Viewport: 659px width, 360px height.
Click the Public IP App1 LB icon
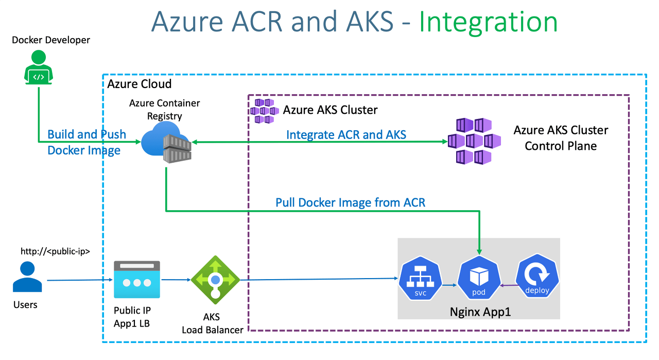(136, 280)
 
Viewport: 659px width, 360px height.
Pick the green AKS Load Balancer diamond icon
(215, 280)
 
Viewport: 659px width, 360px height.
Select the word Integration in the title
(488, 22)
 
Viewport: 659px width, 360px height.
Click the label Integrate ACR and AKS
(346, 135)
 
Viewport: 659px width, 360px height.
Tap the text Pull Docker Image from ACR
(350, 202)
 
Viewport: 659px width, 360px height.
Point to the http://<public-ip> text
(56, 251)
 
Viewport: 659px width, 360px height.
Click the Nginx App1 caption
(480, 312)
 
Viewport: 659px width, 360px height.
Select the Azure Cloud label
(140, 84)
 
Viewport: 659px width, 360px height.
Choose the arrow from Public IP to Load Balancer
(175, 280)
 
